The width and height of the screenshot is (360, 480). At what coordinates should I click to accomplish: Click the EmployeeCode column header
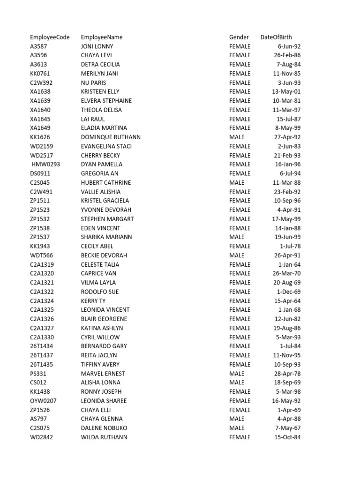pyautogui.click(x=50, y=37)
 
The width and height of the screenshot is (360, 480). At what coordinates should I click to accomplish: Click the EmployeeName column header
pyautogui.click(x=102, y=37)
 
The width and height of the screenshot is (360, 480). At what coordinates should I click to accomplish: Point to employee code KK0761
pyautogui.click(x=40, y=74)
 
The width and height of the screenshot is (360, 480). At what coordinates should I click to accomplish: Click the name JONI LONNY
pyautogui.click(x=97, y=46)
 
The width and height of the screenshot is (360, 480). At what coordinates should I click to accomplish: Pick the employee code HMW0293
pyautogui.click(x=46, y=165)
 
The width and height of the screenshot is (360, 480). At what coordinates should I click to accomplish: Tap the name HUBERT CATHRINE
pyautogui.click(x=106, y=183)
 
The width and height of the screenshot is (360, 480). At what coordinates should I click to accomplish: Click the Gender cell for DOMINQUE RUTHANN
pyautogui.click(x=237, y=137)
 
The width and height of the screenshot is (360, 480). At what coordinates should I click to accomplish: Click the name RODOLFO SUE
pyautogui.click(x=100, y=292)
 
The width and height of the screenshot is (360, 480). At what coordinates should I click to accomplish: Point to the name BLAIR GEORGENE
pyautogui.click(x=104, y=319)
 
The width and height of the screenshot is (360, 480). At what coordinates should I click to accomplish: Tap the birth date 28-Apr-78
pyautogui.click(x=287, y=374)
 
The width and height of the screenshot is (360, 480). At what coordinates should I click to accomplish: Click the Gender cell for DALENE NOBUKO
pyautogui.click(x=237, y=428)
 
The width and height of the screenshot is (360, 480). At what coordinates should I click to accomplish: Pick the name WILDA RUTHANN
pyautogui.click(x=104, y=437)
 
